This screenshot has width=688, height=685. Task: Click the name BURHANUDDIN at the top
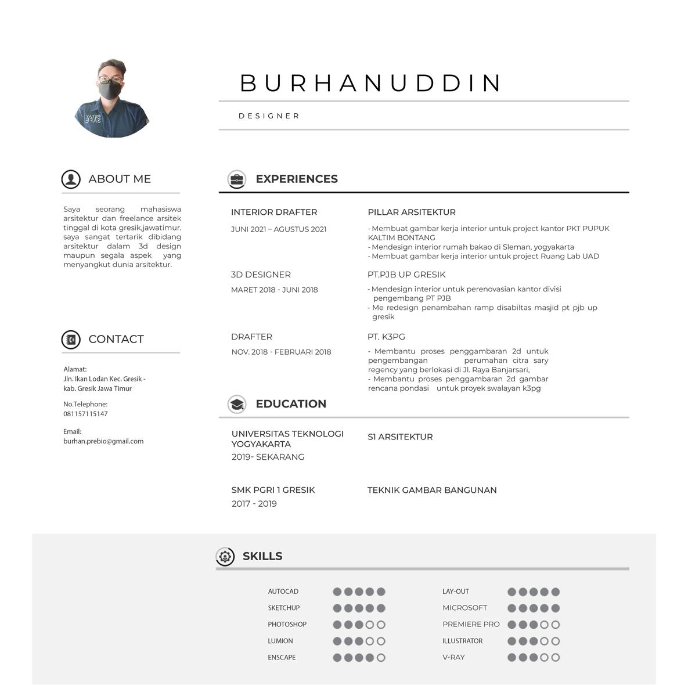(370, 83)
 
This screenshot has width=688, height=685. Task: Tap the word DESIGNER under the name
(269, 116)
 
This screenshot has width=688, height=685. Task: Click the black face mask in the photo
(110, 90)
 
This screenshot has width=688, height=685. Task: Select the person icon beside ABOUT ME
(71, 179)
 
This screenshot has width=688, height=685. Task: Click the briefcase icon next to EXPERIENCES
(236, 179)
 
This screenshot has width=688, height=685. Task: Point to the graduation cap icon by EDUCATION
(236, 404)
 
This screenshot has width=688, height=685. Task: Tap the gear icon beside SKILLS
(225, 556)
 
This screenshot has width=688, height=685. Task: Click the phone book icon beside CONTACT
(71, 339)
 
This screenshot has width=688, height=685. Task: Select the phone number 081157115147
(85, 414)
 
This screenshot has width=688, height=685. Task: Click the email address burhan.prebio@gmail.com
(103, 441)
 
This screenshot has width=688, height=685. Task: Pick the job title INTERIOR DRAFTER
(274, 212)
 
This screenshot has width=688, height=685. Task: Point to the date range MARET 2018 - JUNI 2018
(274, 290)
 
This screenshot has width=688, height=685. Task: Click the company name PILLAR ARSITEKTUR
(412, 212)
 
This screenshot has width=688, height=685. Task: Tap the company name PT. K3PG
(386, 337)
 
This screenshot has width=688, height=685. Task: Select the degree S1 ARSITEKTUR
(400, 437)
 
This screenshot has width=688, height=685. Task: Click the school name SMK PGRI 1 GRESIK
(273, 490)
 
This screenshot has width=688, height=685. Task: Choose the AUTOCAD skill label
(283, 592)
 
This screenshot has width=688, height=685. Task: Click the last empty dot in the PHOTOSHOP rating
(381, 625)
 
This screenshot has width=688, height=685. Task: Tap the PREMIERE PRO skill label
(471, 625)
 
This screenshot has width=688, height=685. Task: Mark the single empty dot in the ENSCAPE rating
(381, 658)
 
